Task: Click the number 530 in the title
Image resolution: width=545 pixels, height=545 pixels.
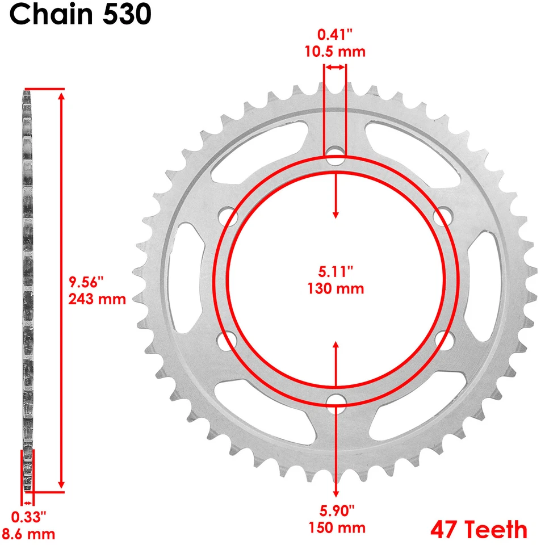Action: point(128,15)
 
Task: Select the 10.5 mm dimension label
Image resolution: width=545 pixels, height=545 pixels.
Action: point(336,52)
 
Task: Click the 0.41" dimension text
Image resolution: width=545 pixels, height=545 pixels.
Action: point(335,35)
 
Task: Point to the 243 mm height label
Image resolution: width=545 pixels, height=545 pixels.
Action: point(97,299)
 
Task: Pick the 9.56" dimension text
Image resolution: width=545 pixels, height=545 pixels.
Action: point(86,282)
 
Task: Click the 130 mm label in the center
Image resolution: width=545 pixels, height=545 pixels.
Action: point(336,288)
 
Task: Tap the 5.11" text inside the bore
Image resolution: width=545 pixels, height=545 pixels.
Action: point(336,271)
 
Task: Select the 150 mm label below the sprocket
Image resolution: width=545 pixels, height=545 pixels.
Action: point(337,527)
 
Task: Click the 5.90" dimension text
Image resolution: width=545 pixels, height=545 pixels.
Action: point(337,510)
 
